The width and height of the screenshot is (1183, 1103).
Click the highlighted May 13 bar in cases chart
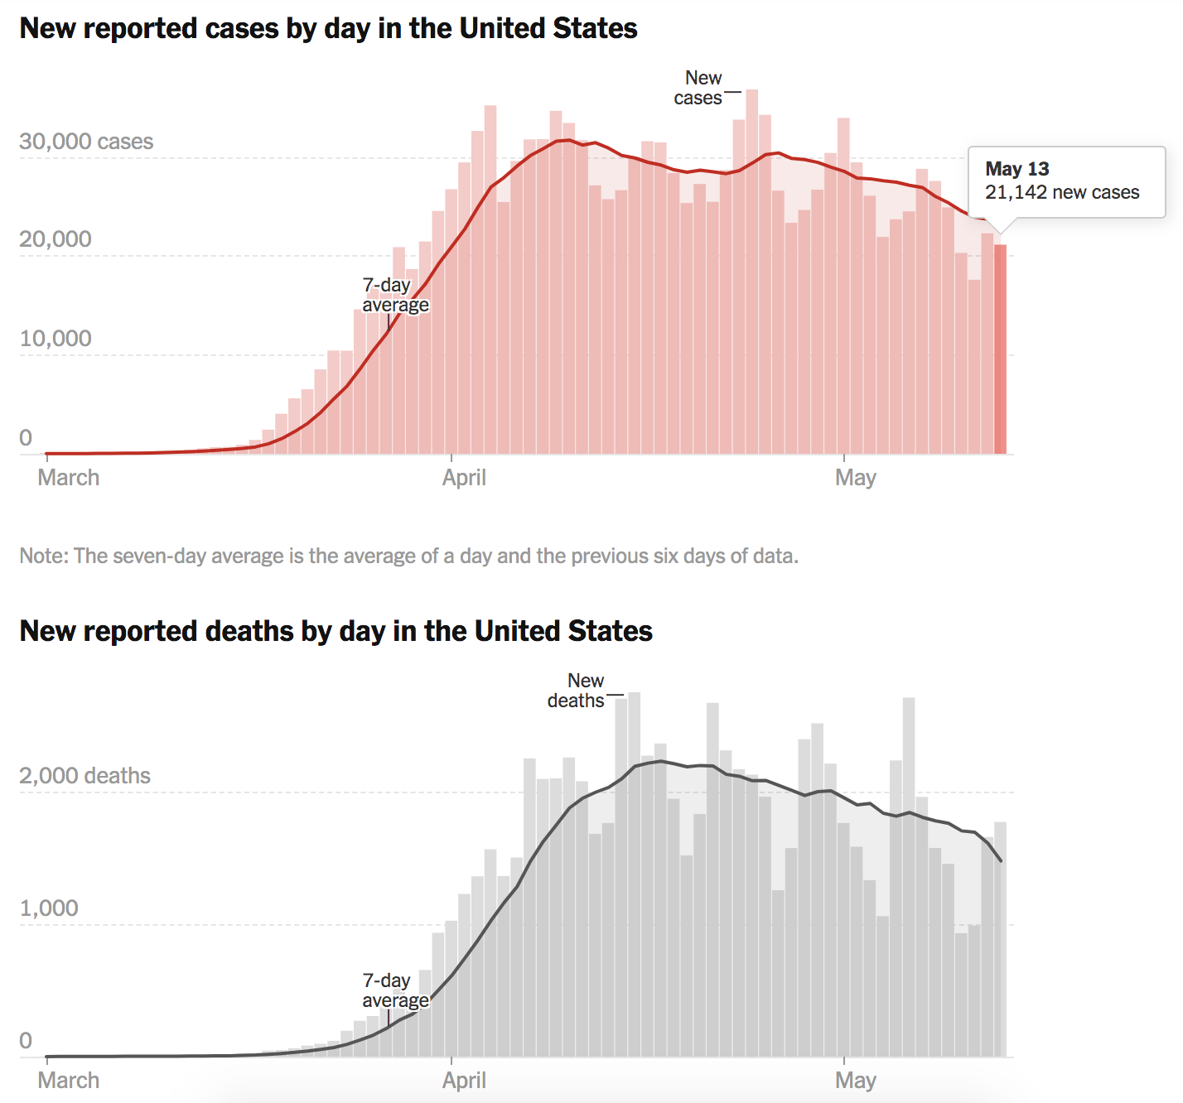click(1001, 348)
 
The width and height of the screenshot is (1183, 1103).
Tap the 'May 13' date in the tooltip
click(1016, 169)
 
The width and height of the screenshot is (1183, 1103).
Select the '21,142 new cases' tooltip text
click(1061, 192)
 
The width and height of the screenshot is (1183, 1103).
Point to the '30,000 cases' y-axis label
click(86, 142)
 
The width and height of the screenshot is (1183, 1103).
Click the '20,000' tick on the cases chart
click(56, 239)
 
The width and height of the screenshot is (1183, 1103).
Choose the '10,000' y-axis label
click(56, 339)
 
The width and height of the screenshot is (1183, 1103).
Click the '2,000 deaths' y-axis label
click(84, 776)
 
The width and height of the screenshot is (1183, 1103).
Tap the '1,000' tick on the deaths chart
click(49, 908)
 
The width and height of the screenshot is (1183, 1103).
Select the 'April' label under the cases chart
click(464, 478)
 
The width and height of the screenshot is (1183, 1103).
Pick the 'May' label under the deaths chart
click(855, 1081)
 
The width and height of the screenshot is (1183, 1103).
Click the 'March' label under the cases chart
click(69, 478)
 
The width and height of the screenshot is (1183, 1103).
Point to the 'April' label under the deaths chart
click(464, 1081)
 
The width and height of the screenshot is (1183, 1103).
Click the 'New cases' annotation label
click(699, 88)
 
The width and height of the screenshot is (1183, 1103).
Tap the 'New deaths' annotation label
click(577, 691)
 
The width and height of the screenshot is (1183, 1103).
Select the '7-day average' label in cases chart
click(394, 295)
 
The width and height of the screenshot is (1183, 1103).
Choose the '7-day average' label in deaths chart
click(394, 990)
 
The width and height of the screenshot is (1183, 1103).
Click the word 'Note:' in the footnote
click(44, 556)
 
